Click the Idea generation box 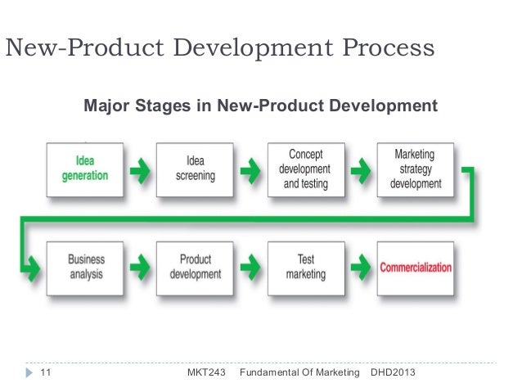coord(85,169)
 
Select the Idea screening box coord(194,169)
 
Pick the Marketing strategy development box coord(415,169)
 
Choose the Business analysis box coord(85,267)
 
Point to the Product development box coord(194,267)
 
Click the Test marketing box coord(305,267)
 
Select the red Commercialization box coord(415,267)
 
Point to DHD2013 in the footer coord(394,373)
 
